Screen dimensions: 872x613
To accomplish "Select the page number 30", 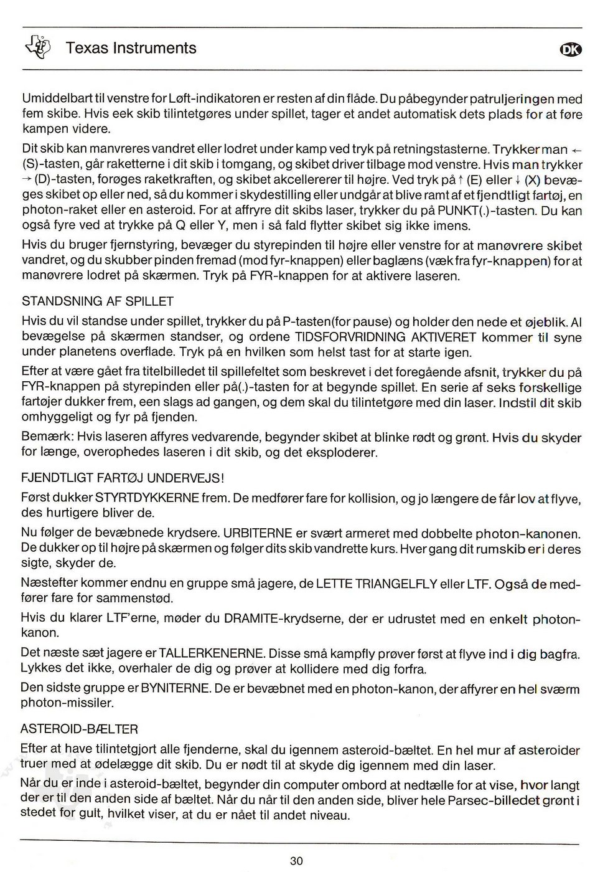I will [296, 861].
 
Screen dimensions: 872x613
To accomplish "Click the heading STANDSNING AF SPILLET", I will [98, 301].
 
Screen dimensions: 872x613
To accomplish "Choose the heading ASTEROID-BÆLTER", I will [79, 729].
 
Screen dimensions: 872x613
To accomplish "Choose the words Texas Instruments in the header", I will [131, 48].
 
